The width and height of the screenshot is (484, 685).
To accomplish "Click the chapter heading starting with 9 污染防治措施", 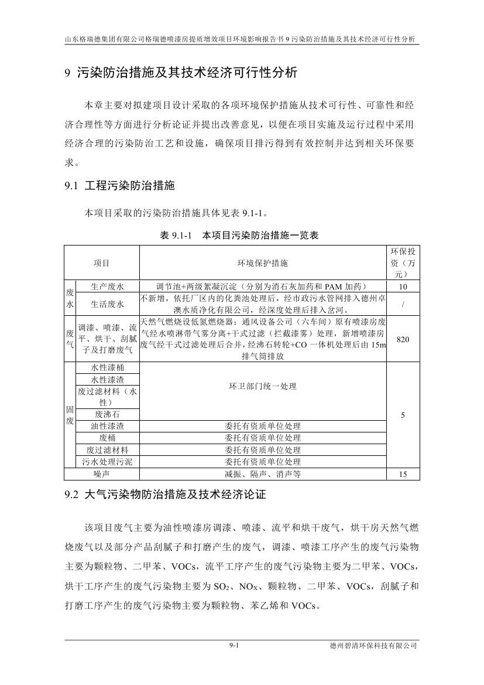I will pyautogui.click(x=181, y=73).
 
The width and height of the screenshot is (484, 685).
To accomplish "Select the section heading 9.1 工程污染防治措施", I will pyautogui.click(x=119, y=186).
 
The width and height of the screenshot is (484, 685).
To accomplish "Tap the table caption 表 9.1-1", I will pyautogui.click(x=239, y=236).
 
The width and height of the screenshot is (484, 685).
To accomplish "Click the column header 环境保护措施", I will pyautogui.click(x=262, y=263).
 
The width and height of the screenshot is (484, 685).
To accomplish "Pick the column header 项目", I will pyautogui.click(x=102, y=263).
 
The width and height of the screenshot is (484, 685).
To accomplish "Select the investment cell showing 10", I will pyautogui.click(x=403, y=287).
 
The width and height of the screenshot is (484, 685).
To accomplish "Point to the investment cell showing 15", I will pyautogui.click(x=403, y=475).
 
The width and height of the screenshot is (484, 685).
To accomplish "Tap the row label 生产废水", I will pyautogui.click(x=108, y=287).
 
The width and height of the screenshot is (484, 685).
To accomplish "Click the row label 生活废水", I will pyautogui.click(x=108, y=304).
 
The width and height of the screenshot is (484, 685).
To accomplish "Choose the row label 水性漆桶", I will pyautogui.click(x=108, y=368).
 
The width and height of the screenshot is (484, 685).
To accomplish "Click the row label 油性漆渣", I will pyautogui.click(x=108, y=427).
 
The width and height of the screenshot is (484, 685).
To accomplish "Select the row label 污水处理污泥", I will pyautogui.click(x=108, y=462).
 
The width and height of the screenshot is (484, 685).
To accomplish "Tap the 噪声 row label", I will pyautogui.click(x=102, y=474).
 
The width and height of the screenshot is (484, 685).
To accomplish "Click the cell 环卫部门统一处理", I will pyautogui.click(x=262, y=387).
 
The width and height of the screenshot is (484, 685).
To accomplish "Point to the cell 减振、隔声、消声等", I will pyautogui.click(x=262, y=474).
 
